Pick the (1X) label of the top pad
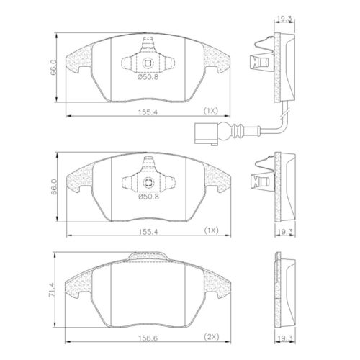coord(212,112)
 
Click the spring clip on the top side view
coord(258,62)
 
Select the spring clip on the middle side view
coord(258,180)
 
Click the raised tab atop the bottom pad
coord(150,256)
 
